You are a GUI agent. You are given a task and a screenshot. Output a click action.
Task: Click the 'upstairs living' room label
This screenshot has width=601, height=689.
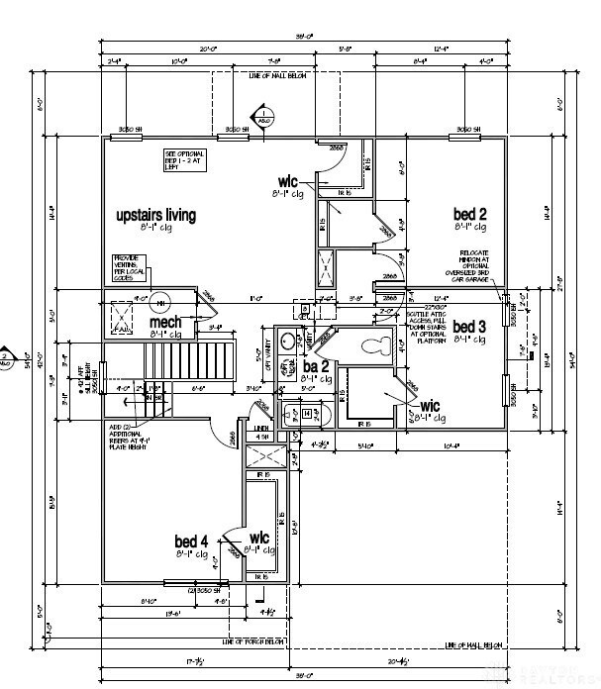pos(155,215)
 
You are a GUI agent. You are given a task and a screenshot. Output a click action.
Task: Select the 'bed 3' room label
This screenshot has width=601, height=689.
pos(468,327)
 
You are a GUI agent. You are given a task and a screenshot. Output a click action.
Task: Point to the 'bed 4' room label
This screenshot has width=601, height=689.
pos(191,541)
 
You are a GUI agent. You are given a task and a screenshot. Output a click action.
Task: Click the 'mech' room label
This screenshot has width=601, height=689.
pos(165,323)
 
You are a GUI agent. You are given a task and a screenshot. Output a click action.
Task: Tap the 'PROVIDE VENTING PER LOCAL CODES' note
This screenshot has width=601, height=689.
pos(128,267)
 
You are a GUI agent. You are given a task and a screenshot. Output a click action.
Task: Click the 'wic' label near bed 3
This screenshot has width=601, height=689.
pos(430,406)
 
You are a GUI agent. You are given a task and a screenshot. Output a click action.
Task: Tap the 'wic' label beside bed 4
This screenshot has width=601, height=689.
pos(260,539)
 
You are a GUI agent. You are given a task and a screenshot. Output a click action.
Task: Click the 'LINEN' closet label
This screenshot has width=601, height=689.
pos(262,429)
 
